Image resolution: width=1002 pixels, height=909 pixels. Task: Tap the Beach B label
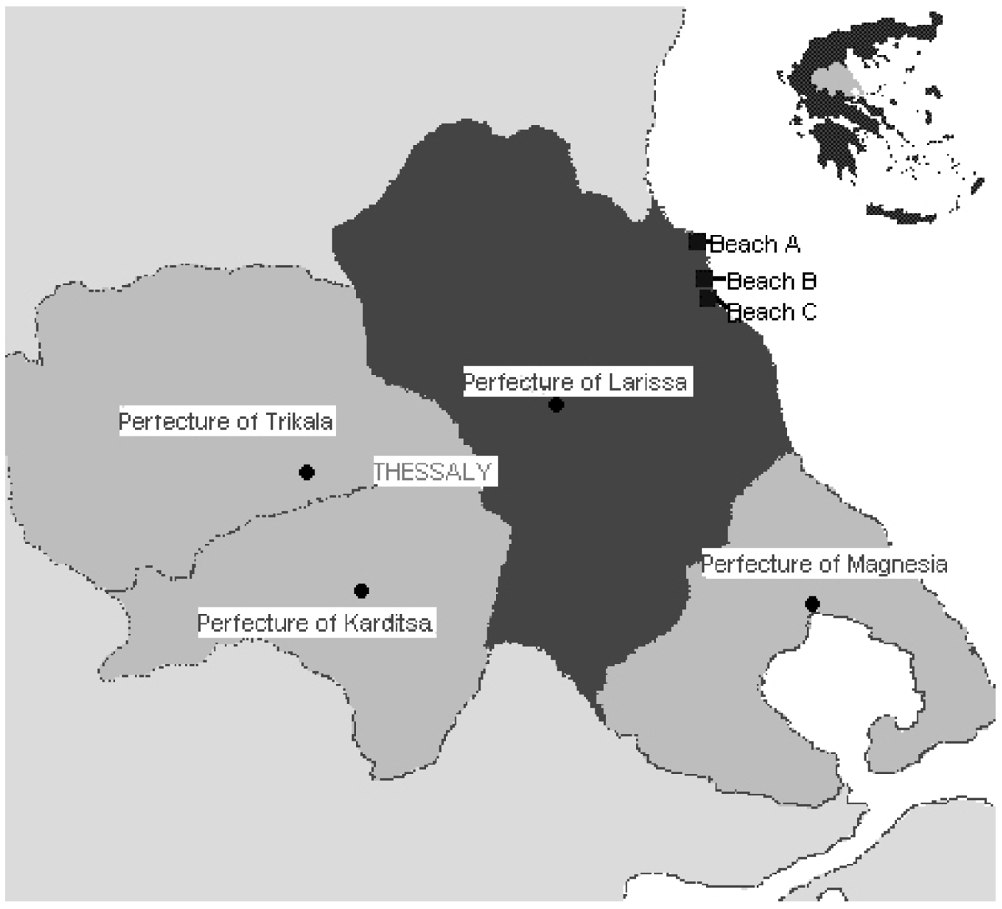pyautogui.click(x=773, y=280)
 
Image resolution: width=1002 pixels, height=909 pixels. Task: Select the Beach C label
pyautogui.click(x=773, y=312)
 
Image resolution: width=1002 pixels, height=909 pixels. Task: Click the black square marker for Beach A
pyautogui.click(x=697, y=242)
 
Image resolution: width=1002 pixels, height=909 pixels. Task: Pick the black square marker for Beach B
pyautogui.click(x=704, y=278)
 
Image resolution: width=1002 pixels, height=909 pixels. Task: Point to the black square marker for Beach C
pyautogui.click(x=707, y=298)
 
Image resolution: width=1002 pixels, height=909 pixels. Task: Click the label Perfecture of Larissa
pyautogui.click(x=575, y=382)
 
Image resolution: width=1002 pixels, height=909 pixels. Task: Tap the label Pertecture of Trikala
pyautogui.click(x=227, y=422)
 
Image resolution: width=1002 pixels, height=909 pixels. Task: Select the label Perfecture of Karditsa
pyautogui.click(x=316, y=624)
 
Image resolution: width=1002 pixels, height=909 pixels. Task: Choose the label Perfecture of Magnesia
pyautogui.click(x=825, y=564)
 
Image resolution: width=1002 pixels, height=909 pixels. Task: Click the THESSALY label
pyautogui.click(x=432, y=472)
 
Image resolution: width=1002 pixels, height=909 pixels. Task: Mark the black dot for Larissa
pyautogui.click(x=556, y=405)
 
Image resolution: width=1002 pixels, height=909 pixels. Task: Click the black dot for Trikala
pyautogui.click(x=306, y=472)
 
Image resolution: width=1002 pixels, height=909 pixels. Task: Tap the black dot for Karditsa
pyautogui.click(x=361, y=591)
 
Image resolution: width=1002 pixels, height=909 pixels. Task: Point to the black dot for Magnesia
pyautogui.click(x=812, y=604)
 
